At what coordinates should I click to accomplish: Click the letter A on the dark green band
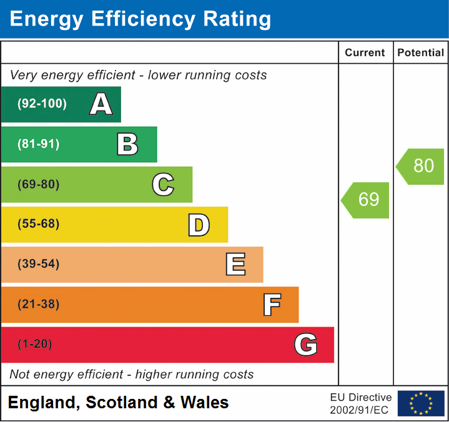pyautogui.click(x=101, y=104)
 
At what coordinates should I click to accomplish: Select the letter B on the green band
pyautogui.click(x=127, y=144)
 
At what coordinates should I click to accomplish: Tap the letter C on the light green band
pyautogui.click(x=163, y=184)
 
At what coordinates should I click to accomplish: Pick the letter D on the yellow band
pyautogui.click(x=199, y=225)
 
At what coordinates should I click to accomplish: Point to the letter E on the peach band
pyautogui.click(x=235, y=265)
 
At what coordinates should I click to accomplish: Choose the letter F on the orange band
pyautogui.click(x=272, y=305)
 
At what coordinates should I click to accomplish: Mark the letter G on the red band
pyautogui.click(x=306, y=345)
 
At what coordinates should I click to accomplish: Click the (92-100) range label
pyautogui.click(x=42, y=104)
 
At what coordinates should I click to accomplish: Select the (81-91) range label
pyautogui.click(x=39, y=144)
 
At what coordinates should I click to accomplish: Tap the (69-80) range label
pyautogui.click(x=39, y=184)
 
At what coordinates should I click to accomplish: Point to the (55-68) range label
pyautogui.click(x=39, y=224)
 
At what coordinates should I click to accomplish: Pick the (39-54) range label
pyautogui.click(x=39, y=264)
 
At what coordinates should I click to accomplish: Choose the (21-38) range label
pyautogui.click(x=39, y=305)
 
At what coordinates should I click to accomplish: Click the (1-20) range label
pyautogui.click(x=34, y=345)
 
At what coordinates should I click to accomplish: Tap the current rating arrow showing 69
pyautogui.click(x=367, y=200)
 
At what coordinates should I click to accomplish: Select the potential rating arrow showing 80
pyautogui.click(x=422, y=166)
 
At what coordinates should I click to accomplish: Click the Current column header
pyautogui.click(x=365, y=53)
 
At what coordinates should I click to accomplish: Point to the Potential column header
pyautogui.click(x=421, y=53)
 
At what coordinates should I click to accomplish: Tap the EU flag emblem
pyautogui.click(x=421, y=403)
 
